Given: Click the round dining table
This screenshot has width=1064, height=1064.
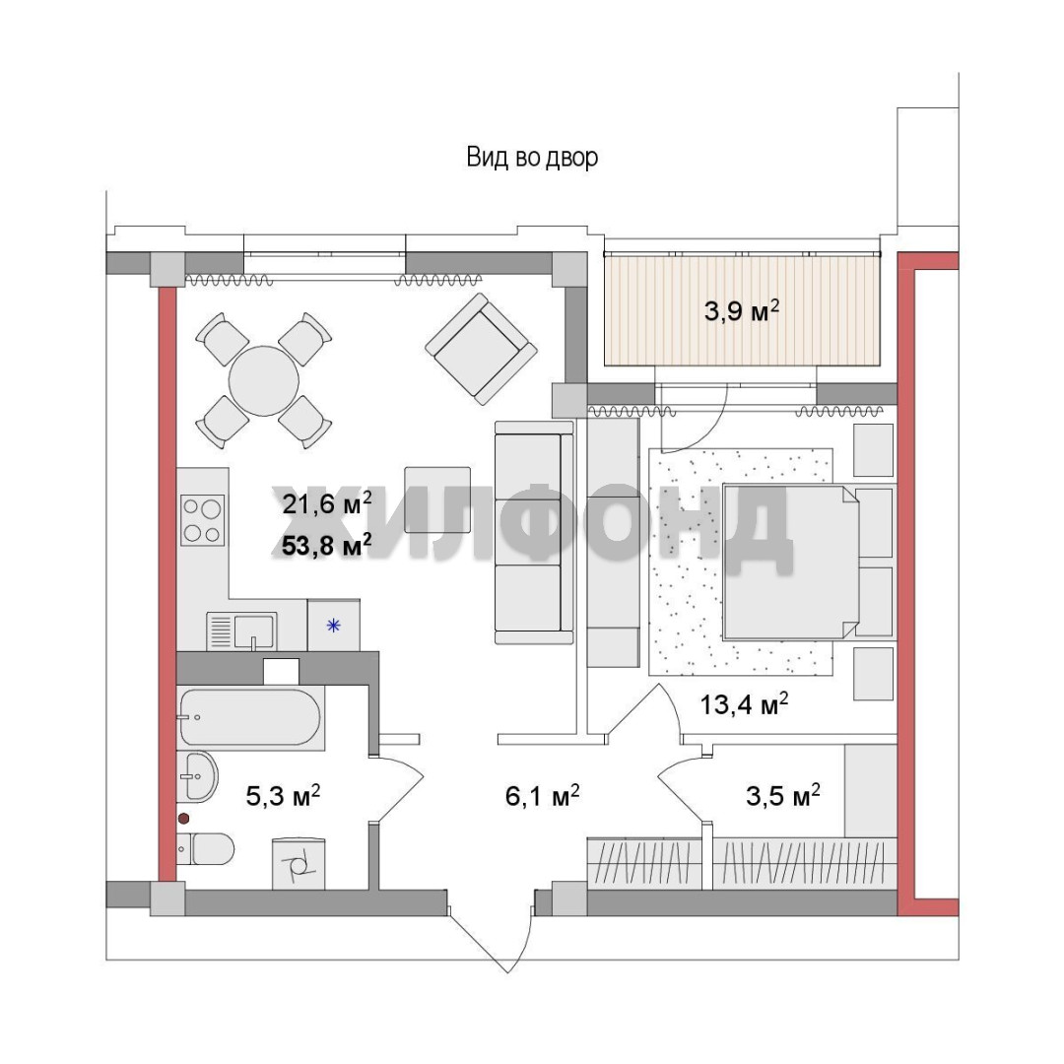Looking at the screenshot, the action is click(263, 380).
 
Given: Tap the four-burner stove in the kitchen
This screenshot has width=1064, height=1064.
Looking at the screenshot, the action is click(202, 520).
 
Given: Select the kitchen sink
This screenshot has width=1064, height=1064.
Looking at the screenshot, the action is click(241, 632).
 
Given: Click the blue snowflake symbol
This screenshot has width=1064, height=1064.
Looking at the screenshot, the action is click(333, 626).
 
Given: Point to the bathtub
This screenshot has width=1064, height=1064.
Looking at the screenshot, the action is click(248, 717).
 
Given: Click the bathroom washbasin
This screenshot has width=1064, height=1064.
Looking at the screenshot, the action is click(197, 776).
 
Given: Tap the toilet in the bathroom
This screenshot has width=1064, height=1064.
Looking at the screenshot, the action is click(206, 849).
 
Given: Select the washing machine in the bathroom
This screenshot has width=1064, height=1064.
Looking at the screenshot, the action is click(299, 864).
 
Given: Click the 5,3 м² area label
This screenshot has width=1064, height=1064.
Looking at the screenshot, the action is click(283, 796).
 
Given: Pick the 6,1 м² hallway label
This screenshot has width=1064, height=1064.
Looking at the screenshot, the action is click(542, 796).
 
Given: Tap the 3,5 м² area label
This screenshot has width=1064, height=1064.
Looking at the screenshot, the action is click(783, 796).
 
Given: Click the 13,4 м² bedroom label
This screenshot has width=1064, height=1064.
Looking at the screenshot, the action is click(744, 704).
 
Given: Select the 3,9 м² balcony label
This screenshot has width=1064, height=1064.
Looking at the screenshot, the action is click(741, 311).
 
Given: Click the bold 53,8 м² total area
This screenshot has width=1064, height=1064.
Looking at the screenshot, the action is click(326, 544).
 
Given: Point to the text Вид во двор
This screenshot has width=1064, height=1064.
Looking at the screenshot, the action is click(532, 158).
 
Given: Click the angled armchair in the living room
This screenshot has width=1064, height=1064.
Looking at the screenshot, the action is click(481, 349).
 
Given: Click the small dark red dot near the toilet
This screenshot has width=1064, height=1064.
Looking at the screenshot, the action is click(183, 819).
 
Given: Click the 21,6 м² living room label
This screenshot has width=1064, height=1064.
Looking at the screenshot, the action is click(326, 504).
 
